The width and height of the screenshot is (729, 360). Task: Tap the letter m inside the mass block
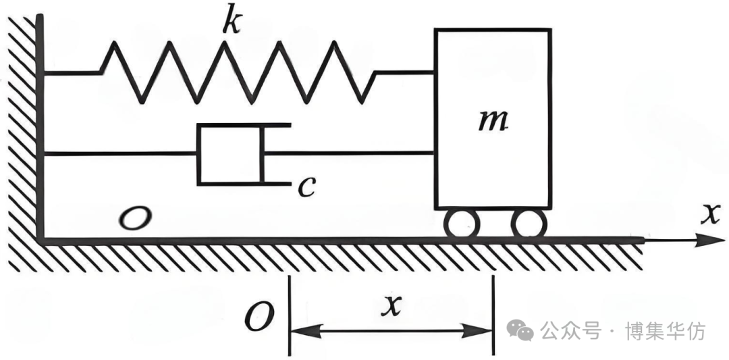pos(492,122)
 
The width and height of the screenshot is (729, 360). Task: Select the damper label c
pos(306,188)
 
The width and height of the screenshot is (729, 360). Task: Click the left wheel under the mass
pos(462,224)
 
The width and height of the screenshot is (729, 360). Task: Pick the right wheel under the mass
pos(529,224)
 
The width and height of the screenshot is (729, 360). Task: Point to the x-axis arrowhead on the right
pos(709,240)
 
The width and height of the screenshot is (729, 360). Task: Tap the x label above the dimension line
pos(391,306)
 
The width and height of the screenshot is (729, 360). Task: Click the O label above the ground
pos(135,218)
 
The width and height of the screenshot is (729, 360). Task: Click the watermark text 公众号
pos(570,331)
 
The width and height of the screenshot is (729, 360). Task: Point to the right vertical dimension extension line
pos(493,315)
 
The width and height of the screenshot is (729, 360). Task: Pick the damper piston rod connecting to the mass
pos(348,152)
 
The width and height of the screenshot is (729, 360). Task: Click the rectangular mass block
pos(493,119)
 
